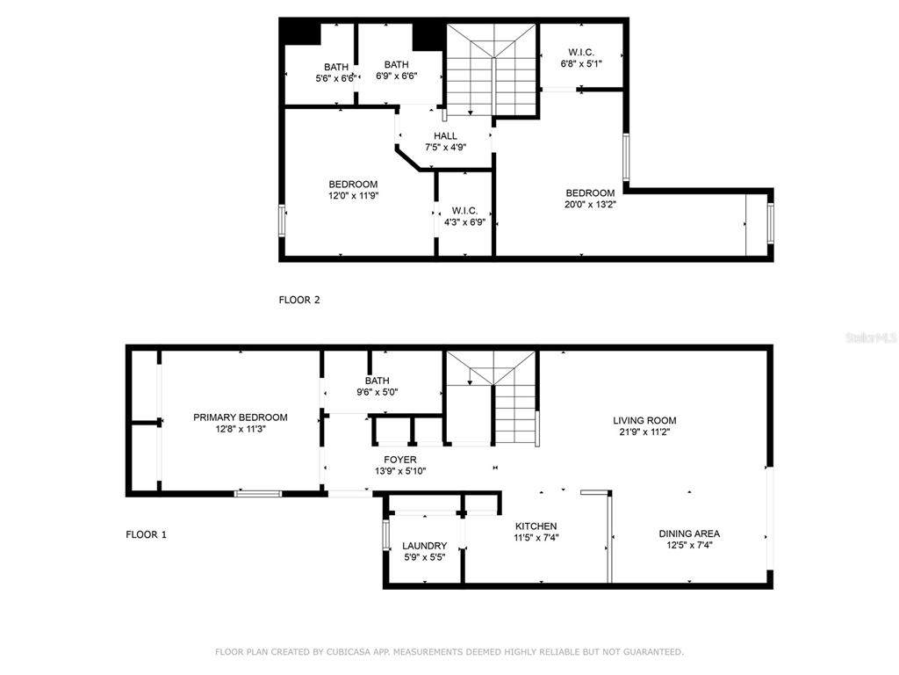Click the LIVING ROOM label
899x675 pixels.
(644, 420)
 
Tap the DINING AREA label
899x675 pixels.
(689, 533)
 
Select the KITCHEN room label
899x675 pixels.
(536, 526)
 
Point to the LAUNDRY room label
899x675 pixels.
(424, 546)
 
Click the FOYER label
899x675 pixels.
(400, 460)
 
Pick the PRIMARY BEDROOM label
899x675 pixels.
(241, 417)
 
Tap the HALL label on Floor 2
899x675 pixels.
(445, 136)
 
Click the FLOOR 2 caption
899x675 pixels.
(299, 300)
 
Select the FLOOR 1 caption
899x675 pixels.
(147, 534)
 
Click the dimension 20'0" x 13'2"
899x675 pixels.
(590, 204)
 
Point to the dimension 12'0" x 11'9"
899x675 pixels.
(353, 196)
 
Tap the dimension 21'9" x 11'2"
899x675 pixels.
(644, 432)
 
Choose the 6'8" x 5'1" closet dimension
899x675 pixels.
(581, 63)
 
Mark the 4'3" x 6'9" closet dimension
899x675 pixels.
(464, 222)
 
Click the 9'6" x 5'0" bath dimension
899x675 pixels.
(378, 392)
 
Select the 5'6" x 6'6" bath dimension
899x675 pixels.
(336, 78)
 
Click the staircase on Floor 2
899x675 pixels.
(492, 69)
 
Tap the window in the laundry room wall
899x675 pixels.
(386, 534)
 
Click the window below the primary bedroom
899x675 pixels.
(258, 493)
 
